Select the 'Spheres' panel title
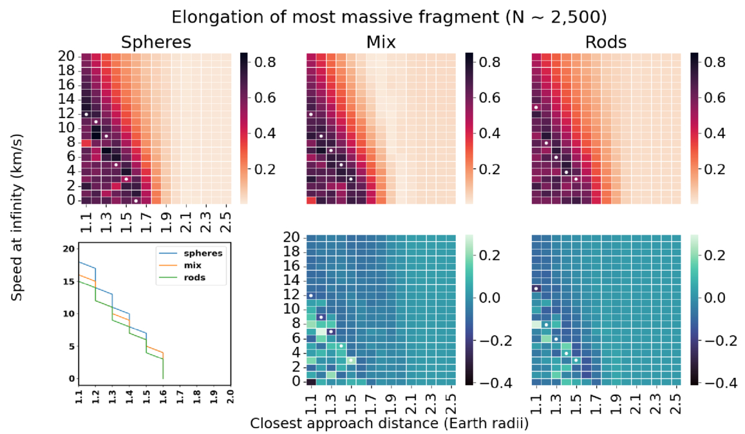pyautogui.click(x=156, y=43)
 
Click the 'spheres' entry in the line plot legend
pyautogui.click(x=205, y=253)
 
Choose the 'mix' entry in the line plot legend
pyautogui.click(x=197, y=266)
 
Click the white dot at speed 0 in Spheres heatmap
pyautogui.click(x=137, y=201)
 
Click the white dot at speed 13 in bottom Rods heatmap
pyautogui.click(x=536, y=288)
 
